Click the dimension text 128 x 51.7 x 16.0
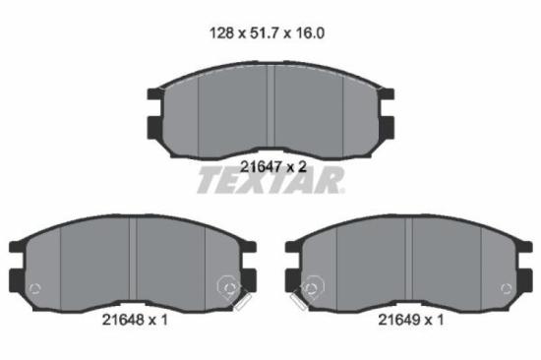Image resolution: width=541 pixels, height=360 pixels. tap(269, 31)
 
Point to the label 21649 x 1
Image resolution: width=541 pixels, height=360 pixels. tap(410, 320)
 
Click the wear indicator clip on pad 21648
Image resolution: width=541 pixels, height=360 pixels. tap(233, 291)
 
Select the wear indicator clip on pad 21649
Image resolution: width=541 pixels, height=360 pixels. tap(307, 291)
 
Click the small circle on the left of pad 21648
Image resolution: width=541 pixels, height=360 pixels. tap(35, 288)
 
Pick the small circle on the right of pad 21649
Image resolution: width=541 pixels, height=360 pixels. tap(507, 288)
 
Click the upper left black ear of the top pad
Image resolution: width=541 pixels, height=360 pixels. tap(154, 95)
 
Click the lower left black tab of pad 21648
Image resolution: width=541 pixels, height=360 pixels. tap(14, 279)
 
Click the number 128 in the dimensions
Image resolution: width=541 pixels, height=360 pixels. tap(222, 31)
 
